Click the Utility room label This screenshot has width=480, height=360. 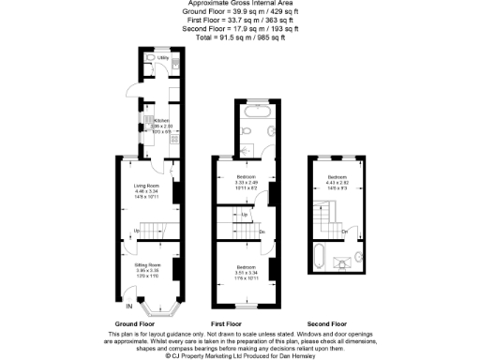[163, 58]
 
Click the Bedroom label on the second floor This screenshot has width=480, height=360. [337, 177]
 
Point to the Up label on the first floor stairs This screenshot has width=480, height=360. [245, 216]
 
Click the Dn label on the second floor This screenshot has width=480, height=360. [345, 230]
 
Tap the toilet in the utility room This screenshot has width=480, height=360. [152, 58]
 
